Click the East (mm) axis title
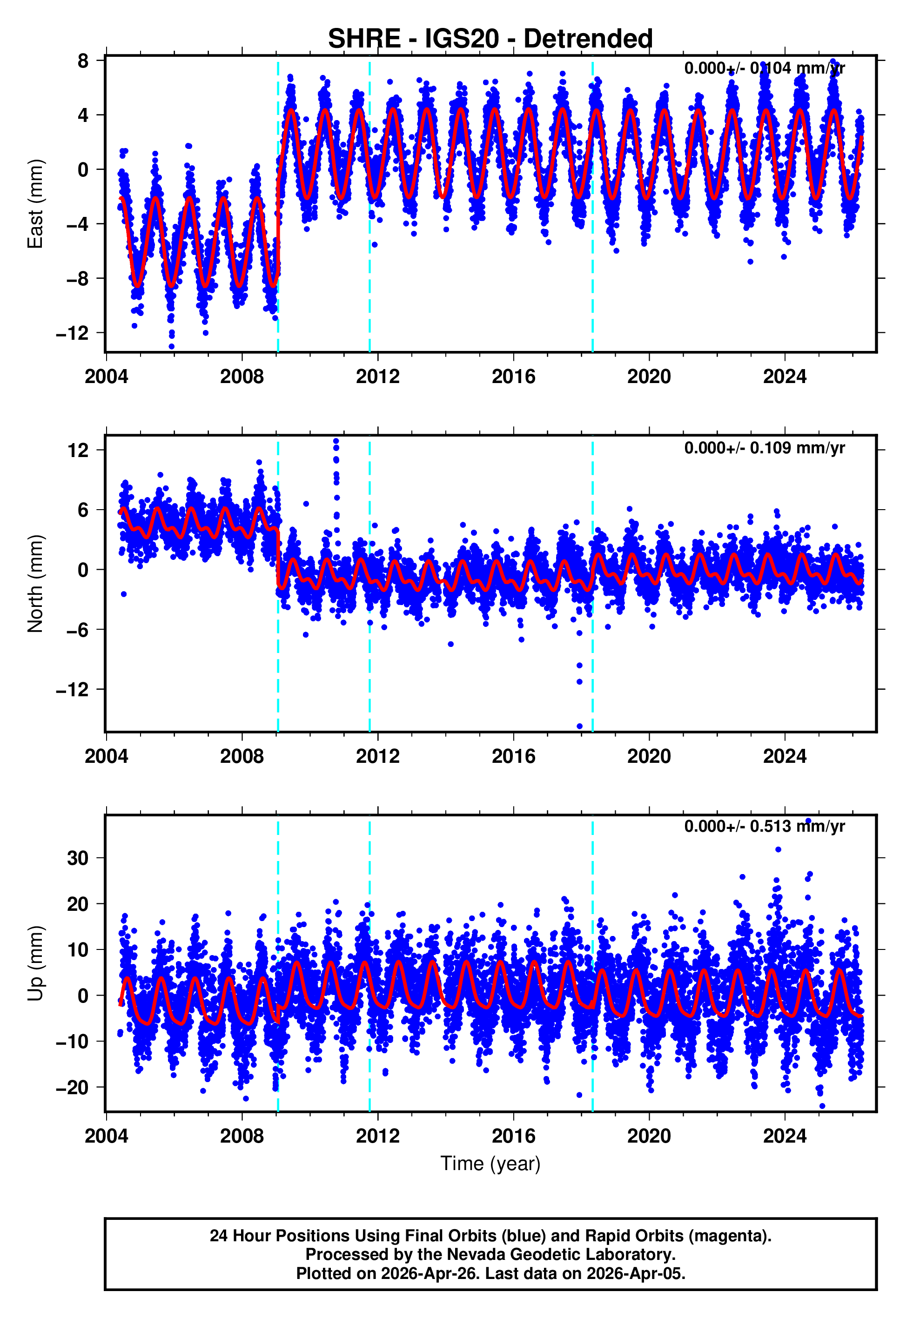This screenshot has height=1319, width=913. tap(35, 204)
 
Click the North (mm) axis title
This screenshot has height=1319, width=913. tap(35, 584)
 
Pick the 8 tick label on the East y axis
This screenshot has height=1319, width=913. tap(83, 61)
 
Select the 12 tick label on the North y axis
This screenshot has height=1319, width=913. tap(78, 450)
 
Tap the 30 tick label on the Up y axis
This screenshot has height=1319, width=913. tap(78, 858)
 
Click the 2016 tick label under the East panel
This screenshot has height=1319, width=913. tap(513, 377)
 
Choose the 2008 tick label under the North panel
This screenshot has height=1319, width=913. tap(242, 756)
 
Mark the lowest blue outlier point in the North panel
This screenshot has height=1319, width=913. tap(579, 727)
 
